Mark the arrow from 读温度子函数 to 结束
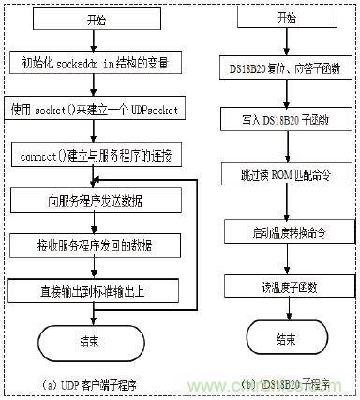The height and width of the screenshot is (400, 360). point(280,311)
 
